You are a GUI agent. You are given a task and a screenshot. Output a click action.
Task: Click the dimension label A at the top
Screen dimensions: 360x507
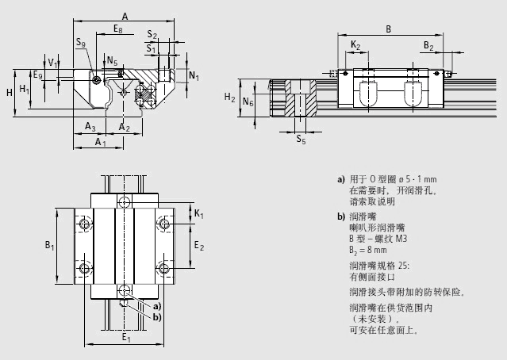click(125, 15)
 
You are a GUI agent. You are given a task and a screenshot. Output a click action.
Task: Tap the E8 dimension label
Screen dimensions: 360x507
click(117, 29)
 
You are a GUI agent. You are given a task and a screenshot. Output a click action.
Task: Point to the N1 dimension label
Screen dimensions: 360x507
click(195, 75)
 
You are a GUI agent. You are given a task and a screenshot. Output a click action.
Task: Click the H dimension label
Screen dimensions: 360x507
click(9, 93)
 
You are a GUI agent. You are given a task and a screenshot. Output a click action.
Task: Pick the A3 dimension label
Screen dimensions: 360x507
click(90, 127)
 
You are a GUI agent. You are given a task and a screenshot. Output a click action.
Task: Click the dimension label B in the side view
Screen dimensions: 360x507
click(388, 29)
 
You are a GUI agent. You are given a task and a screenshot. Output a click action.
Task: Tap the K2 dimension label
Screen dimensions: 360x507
click(355, 46)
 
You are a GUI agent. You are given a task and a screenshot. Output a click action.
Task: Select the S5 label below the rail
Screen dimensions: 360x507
click(300, 140)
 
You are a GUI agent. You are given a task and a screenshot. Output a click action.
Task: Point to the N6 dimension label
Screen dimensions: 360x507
click(248, 102)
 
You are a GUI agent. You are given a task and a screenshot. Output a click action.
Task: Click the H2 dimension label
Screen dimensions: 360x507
click(229, 98)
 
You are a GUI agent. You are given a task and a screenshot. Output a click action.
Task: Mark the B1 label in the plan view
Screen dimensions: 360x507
click(49, 246)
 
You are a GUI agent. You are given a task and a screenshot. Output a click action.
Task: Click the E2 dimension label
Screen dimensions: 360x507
click(199, 247)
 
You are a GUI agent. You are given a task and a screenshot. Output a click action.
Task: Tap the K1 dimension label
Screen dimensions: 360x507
click(198, 215)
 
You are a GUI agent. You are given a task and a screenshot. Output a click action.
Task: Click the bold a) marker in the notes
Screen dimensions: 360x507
click(340, 178)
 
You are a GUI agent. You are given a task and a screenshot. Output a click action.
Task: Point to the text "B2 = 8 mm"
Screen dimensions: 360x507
click(367, 247)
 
